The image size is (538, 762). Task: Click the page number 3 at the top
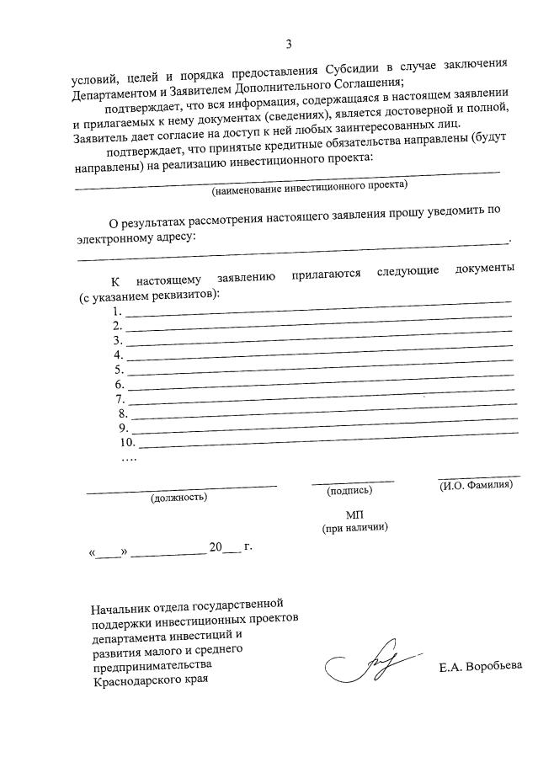click(x=289, y=45)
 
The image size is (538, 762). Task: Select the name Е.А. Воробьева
click(x=481, y=669)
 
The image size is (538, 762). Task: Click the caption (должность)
click(x=178, y=498)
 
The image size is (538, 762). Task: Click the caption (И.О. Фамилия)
click(x=476, y=486)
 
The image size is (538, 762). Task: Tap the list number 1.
click(x=117, y=312)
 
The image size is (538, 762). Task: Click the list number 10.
click(x=128, y=442)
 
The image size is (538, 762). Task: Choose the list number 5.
click(x=119, y=370)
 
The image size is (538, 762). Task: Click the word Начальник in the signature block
click(x=123, y=605)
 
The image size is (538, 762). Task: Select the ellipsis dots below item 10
click(x=129, y=458)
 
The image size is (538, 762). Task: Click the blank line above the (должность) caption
click(x=181, y=486)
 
